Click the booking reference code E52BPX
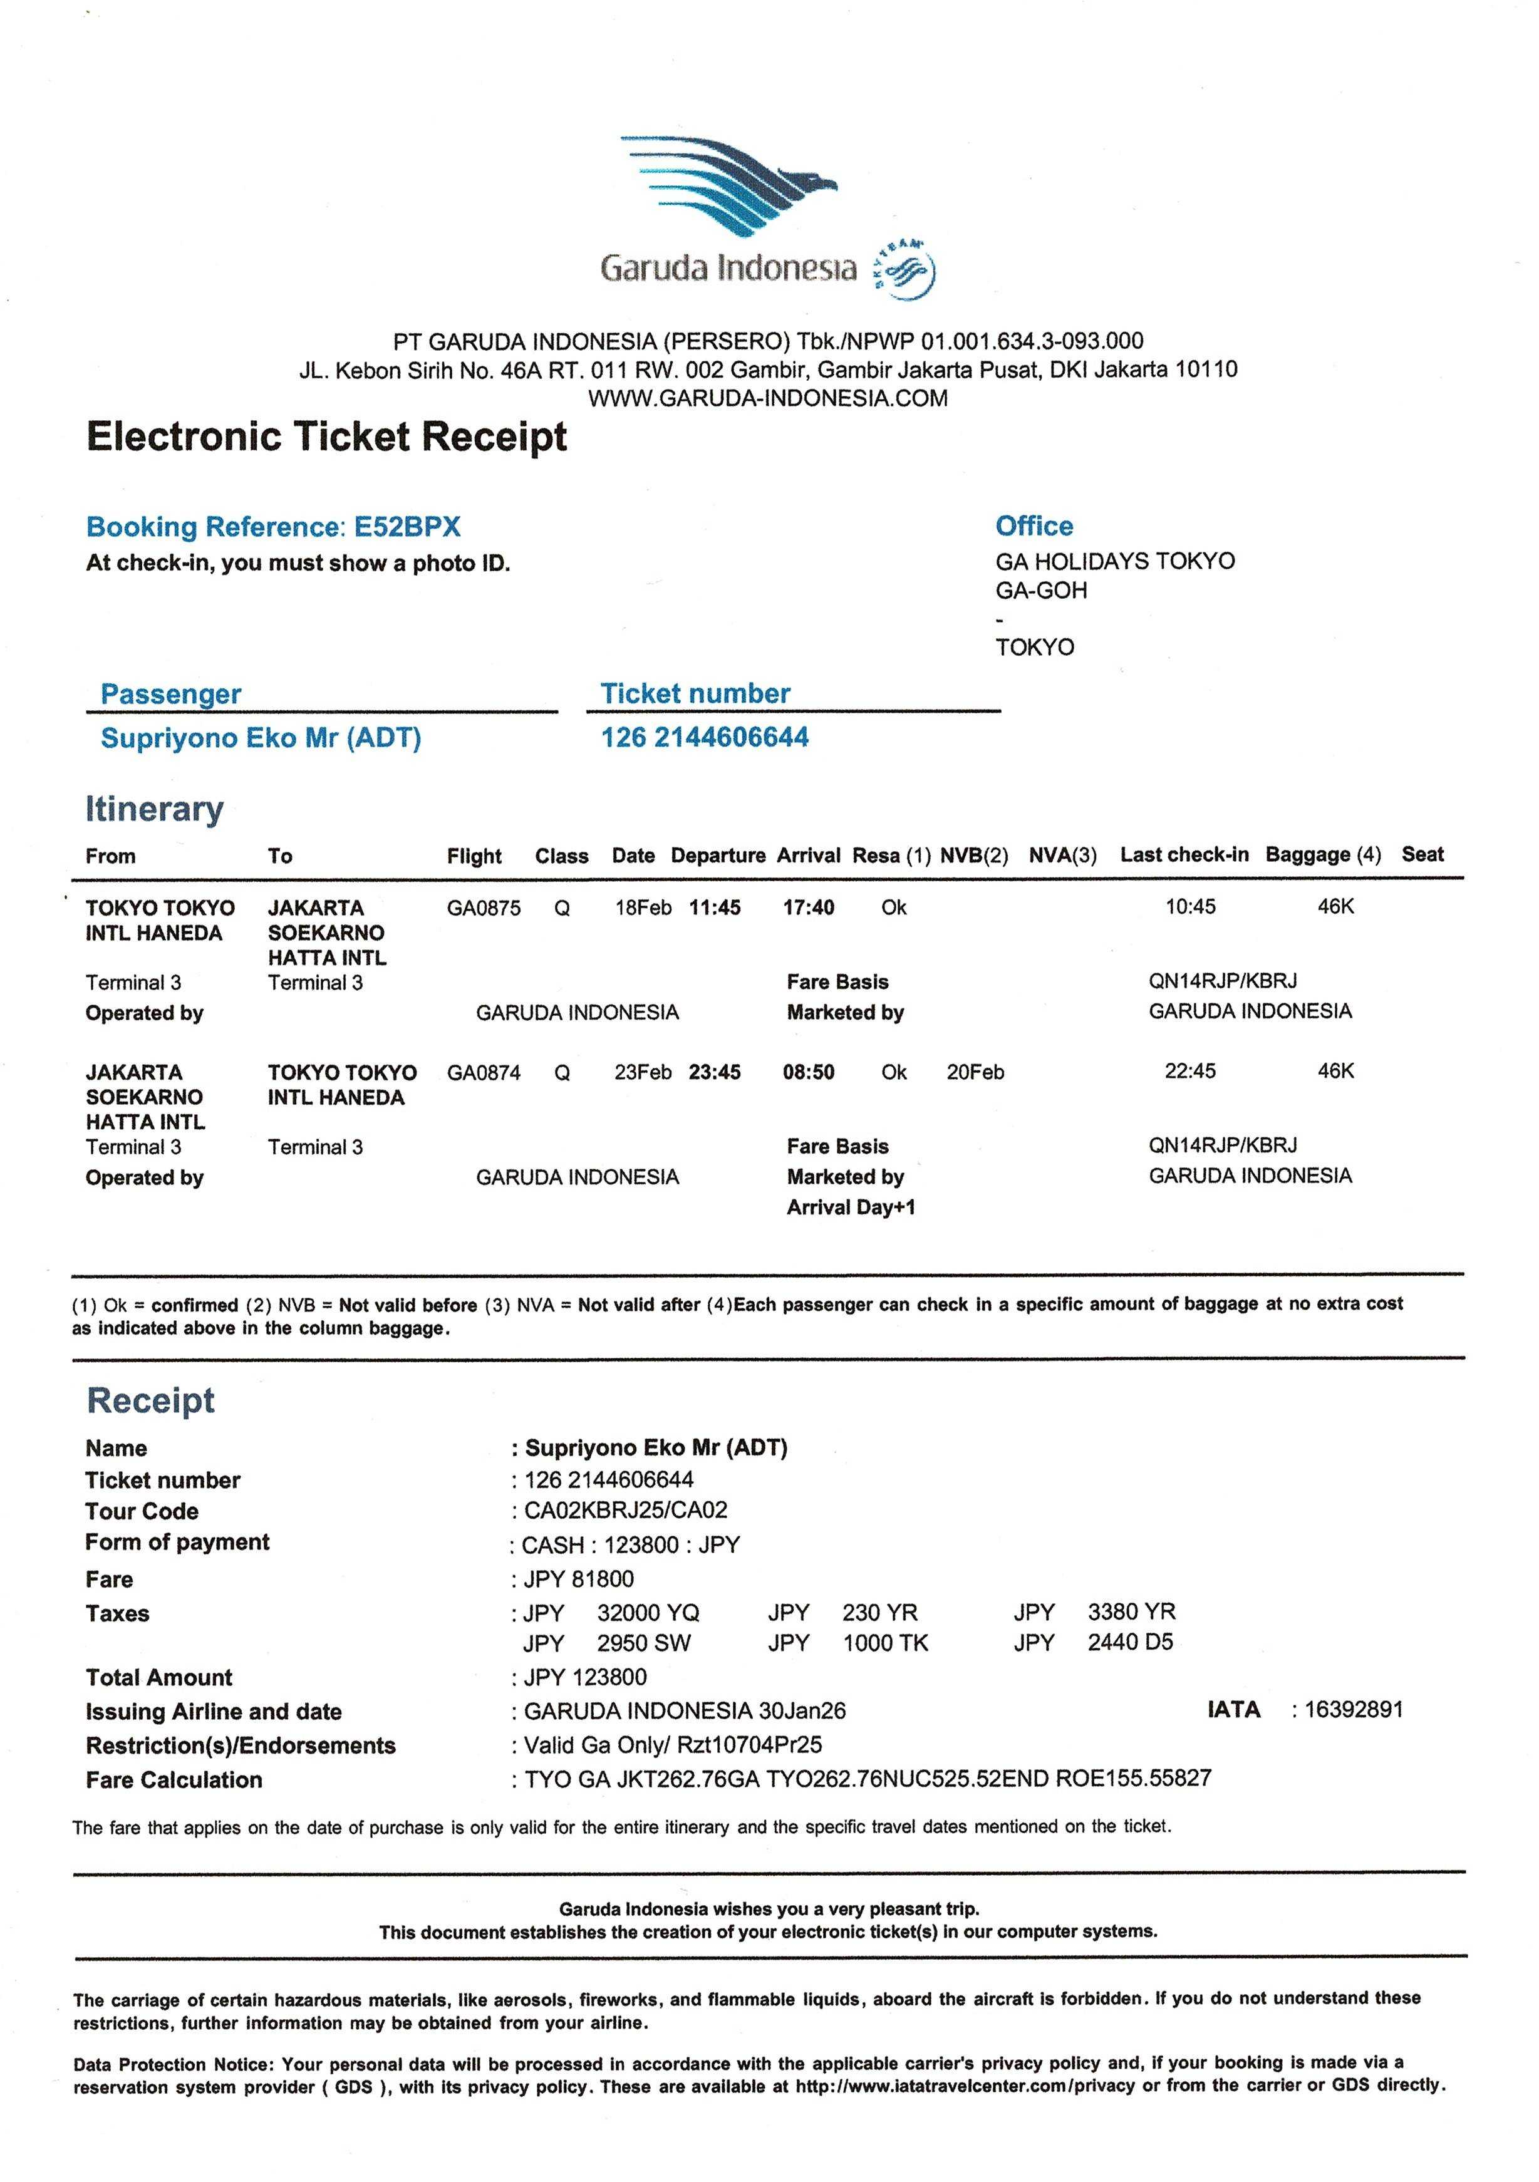tap(407, 527)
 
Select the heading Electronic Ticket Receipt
tap(326, 437)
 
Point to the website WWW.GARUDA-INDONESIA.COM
tap(768, 398)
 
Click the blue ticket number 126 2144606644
tap(705, 738)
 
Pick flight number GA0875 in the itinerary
tap(484, 907)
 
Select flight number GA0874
tap(484, 1073)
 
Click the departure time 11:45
tap(715, 907)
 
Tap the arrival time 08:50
tap(808, 1073)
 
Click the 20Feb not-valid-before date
tap(975, 1073)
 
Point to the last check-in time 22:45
tap(1190, 1071)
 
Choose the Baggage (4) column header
tap(1322, 854)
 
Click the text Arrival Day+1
tap(851, 1208)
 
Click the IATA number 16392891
tap(1353, 1710)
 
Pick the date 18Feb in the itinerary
tap(643, 907)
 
